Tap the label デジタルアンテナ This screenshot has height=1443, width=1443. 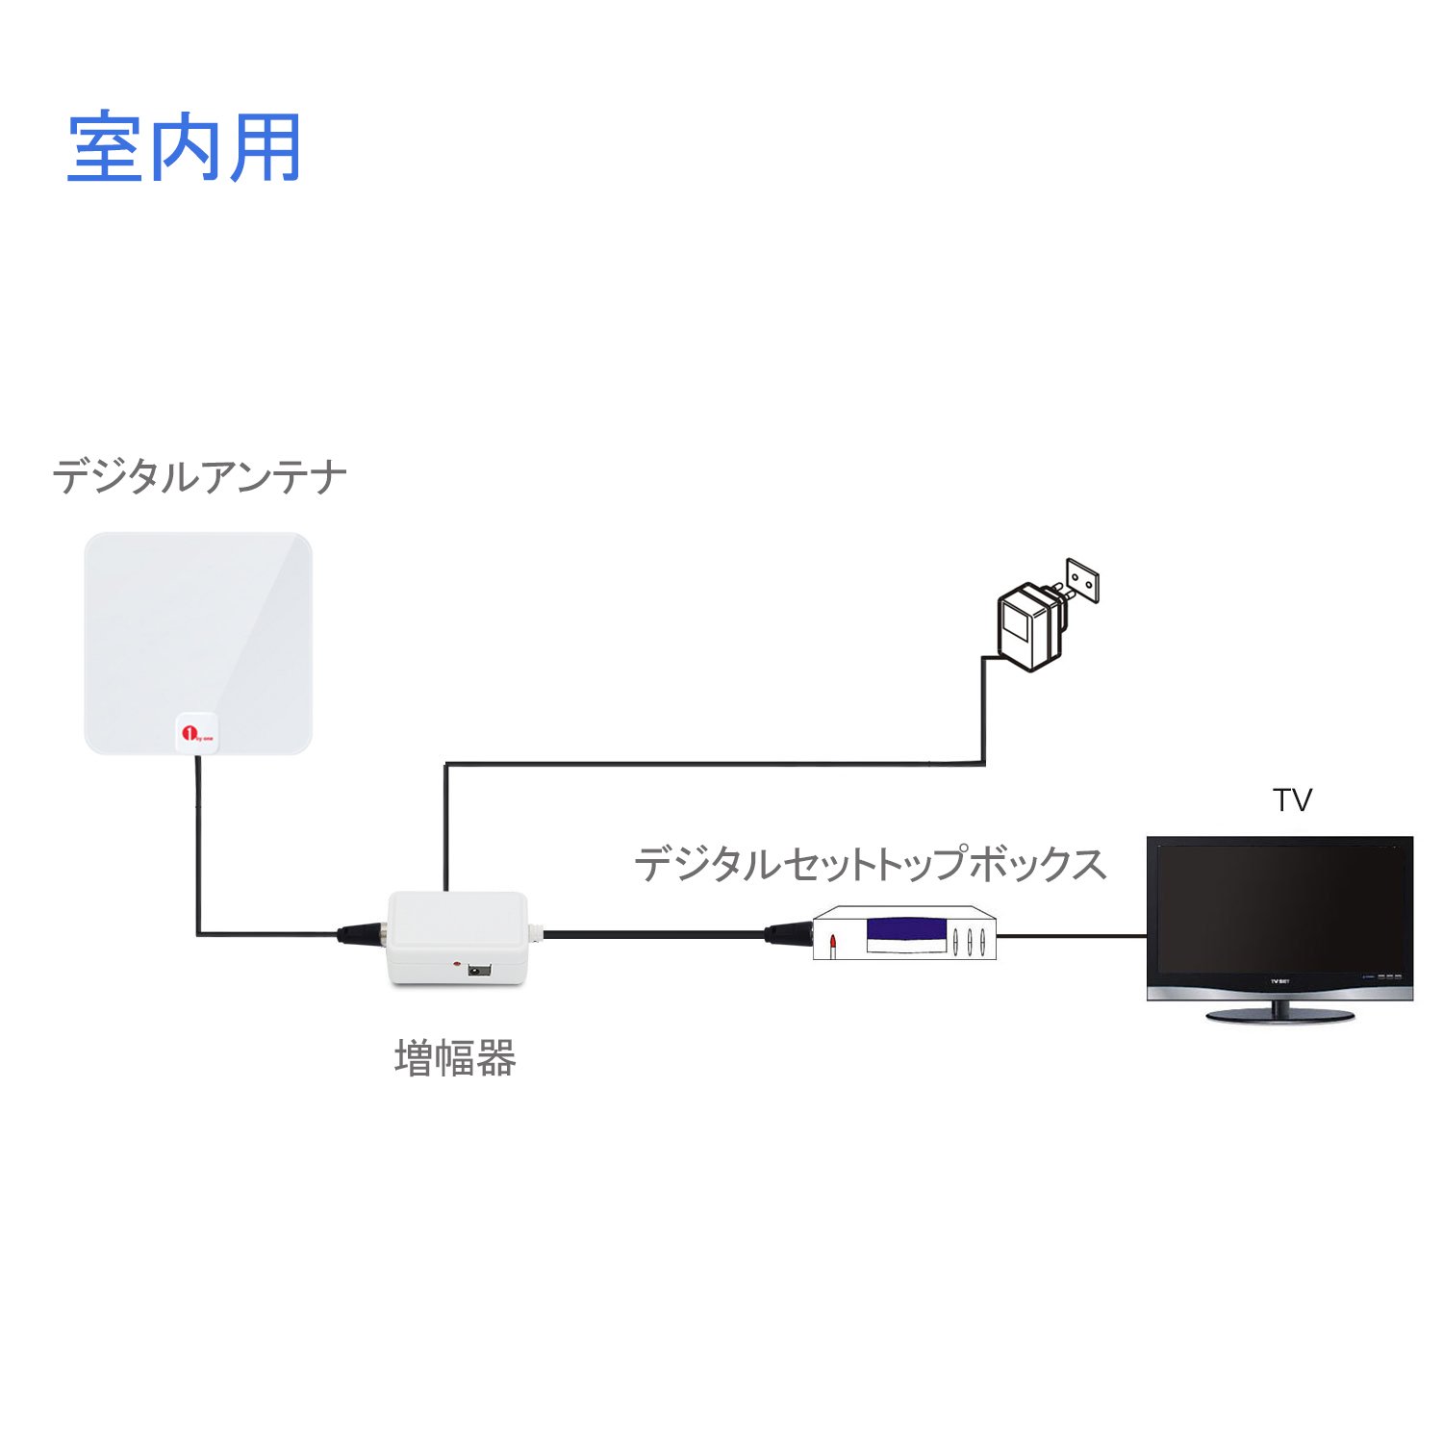click(x=199, y=477)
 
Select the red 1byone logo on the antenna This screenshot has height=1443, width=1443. click(x=195, y=732)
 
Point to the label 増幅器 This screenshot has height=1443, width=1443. click(x=455, y=1058)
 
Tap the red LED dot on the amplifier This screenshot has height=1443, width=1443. click(x=459, y=963)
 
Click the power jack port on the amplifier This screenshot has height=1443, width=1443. click(x=478, y=972)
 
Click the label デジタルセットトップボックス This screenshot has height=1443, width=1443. click(x=871, y=863)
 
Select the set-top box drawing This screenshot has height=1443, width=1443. click(x=904, y=933)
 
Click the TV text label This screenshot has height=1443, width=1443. click(x=1292, y=799)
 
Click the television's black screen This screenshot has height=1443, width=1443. click(x=1279, y=909)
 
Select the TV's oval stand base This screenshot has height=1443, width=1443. click(x=1280, y=1015)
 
